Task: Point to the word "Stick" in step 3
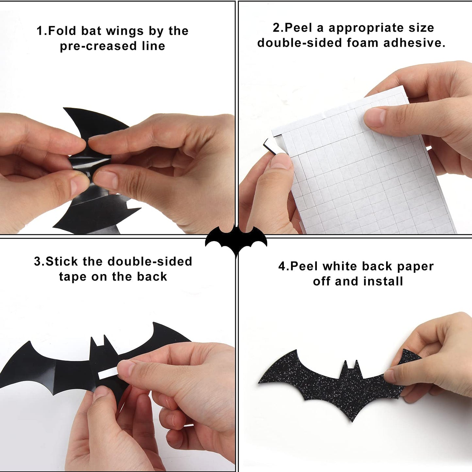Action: (62, 262)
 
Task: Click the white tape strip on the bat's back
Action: (107, 373)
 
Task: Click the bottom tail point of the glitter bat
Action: (352, 420)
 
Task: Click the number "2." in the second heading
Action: (278, 28)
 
